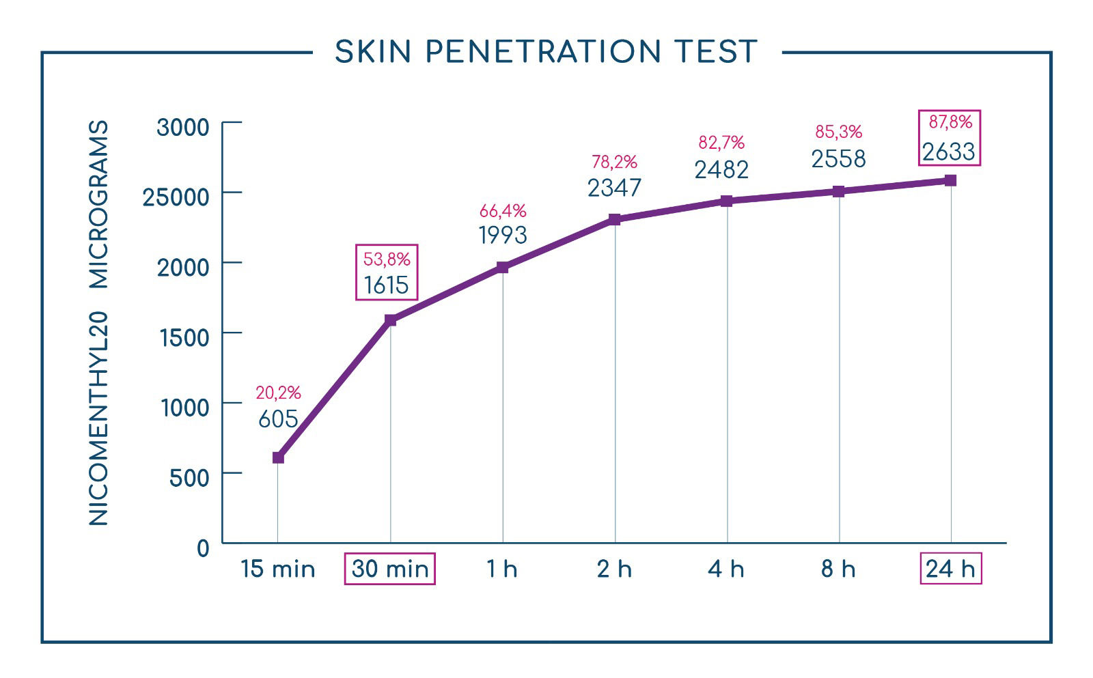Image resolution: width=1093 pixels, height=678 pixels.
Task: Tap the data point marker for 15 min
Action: [278, 457]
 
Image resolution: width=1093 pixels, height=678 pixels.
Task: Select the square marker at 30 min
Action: [390, 320]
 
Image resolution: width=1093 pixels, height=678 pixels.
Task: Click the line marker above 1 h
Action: [503, 267]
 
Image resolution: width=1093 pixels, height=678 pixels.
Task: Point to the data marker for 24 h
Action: [950, 180]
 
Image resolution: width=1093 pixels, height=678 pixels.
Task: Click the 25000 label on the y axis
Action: [176, 197]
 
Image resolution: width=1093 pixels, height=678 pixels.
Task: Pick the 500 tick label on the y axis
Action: [189, 478]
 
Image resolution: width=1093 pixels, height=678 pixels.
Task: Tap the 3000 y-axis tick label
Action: [183, 127]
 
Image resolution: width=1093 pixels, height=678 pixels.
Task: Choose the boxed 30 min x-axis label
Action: [390, 569]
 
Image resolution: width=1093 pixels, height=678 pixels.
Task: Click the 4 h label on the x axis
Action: [726, 569]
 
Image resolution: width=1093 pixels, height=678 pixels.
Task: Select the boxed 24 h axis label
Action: [951, 568]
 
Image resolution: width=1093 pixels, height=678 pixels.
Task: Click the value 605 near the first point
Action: [278, 419]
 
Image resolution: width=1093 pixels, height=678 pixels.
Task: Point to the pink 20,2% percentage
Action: [278, 393]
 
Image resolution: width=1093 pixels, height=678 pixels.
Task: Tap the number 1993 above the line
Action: [503, 235]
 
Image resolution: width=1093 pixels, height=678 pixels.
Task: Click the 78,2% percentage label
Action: [614, 161]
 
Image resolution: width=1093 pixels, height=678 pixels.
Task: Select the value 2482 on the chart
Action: [721, 170]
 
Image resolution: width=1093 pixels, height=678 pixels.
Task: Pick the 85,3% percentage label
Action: [839, 132]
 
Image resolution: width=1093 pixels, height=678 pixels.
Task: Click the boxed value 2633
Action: [949, 152]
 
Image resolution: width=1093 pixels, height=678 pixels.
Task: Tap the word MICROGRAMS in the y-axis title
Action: [98, 204]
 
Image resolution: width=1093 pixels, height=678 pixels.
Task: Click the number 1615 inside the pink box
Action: [387, 285]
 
